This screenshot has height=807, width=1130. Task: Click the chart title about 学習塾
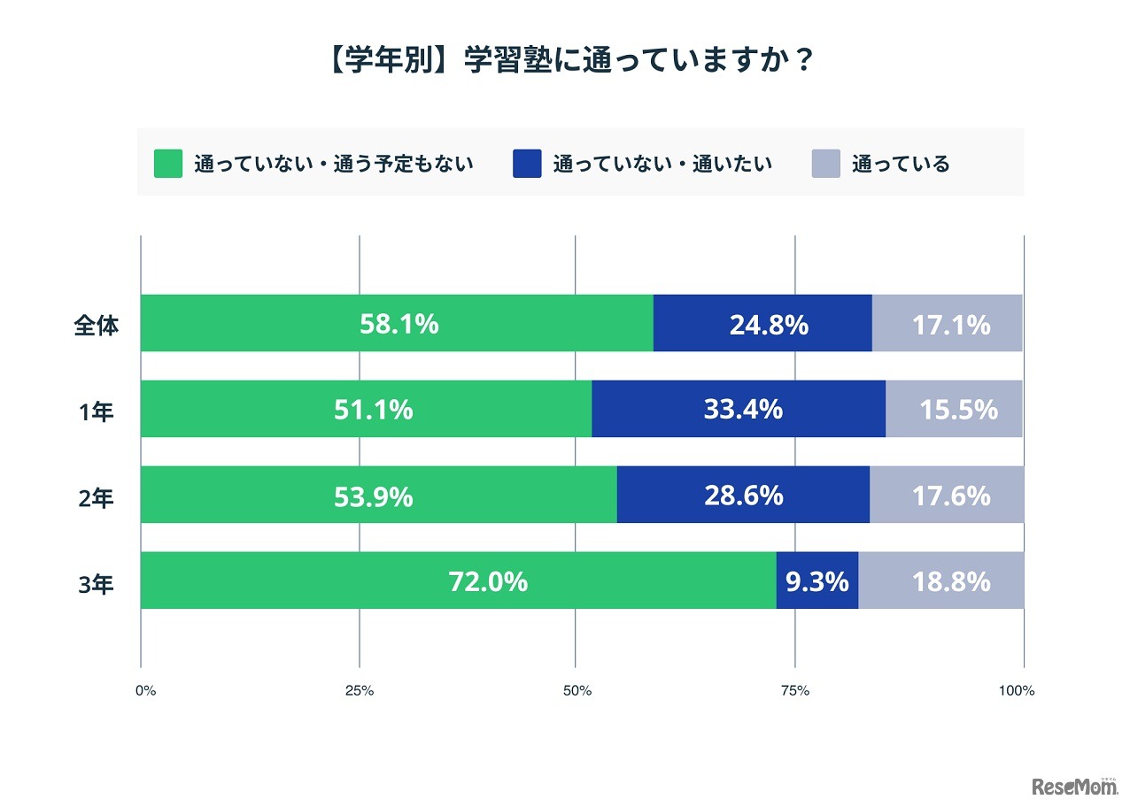click(x=565, y=64)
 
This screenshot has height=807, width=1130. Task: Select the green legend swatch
click(x=168, y=164)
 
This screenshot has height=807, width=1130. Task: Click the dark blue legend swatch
click(x=527, y=164)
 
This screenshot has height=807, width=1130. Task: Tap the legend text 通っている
click(x=900, y=164)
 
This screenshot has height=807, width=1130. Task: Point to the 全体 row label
click(x=96, y=325)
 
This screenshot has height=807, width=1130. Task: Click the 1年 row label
click(x=96, y=411)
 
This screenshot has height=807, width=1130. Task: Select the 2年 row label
click(x=96, y=496)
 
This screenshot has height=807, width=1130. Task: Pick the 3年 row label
click(x=96, y=582)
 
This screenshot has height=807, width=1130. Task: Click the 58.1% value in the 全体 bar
click(x=399, y=324)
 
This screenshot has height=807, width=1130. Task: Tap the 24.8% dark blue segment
click(x=768, y=324)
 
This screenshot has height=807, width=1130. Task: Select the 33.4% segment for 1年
click(x=742, y=409)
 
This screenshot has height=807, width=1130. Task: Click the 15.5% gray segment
click(x=957, y=409)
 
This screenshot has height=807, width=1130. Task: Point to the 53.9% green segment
click(x=373, y=496)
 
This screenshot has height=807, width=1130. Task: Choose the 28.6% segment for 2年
click(x=743, y=496)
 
